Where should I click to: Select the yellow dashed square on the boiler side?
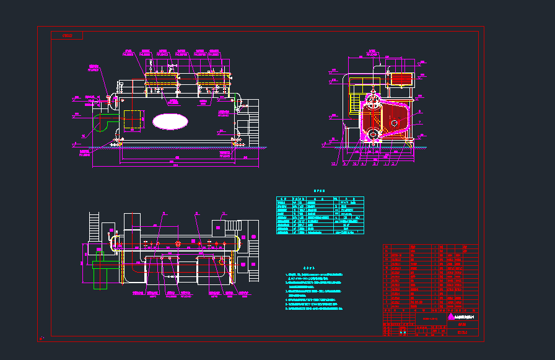click(x=133, y=120)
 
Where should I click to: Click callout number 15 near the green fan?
click(x=83, y=136)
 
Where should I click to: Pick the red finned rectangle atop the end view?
click(x=401, y=79)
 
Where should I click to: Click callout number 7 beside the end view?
click(x=419, y=123)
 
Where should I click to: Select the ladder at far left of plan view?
click(x=94, y=226)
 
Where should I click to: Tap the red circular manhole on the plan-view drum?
click(x=178, y=243)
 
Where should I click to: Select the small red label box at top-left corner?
click(x=67, y=35)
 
